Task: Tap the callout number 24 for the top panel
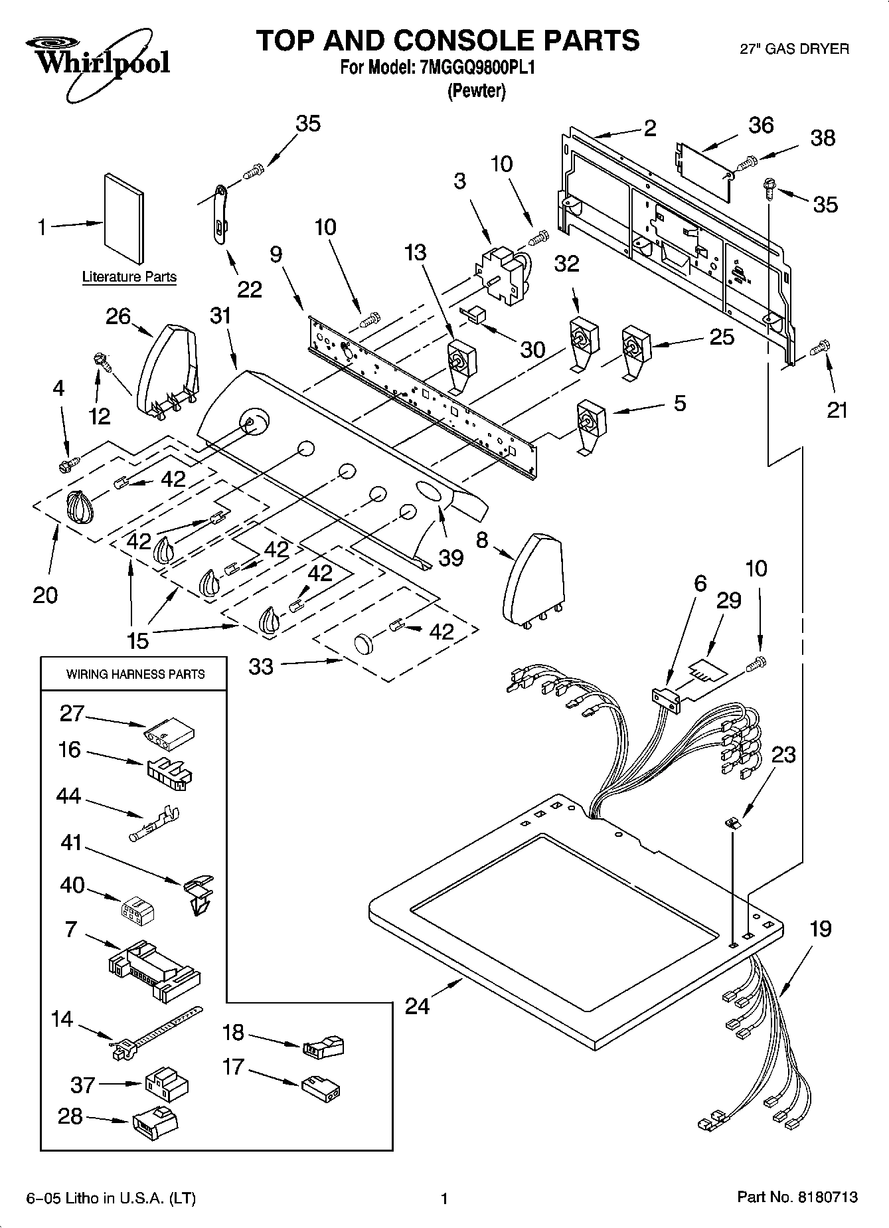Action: (x=417, y=1007)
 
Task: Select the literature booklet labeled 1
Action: (x=123, y=218)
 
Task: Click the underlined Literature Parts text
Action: (x=129, y=277)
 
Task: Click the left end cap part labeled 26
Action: (x=167, y=368)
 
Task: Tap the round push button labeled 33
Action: (x=364, y=644)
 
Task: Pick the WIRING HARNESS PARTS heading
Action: (x=135, y=674)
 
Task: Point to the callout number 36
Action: (x=761, y=125)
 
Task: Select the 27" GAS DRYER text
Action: (x=794, y=48)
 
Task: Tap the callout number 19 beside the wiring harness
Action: (x=821, y=928)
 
